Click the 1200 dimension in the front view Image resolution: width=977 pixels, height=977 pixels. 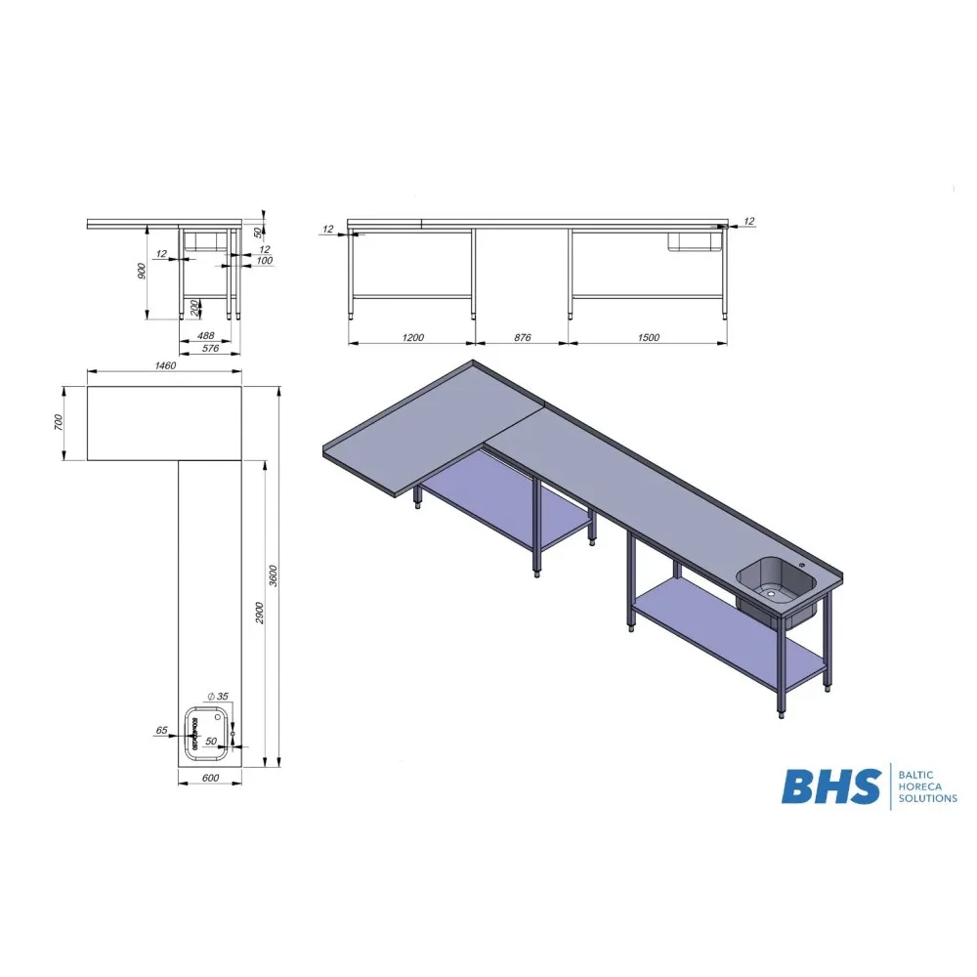click(x=412, y=338)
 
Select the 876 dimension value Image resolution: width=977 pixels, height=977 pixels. click(x=522, y=338)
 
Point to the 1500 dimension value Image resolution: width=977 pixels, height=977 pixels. click(x=648, y=338)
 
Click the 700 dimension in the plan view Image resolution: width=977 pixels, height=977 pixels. click(x=59, y=423)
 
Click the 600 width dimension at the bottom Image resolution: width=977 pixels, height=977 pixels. click(x=209, y=778)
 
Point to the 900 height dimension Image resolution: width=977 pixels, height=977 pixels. click(x=142, y=271)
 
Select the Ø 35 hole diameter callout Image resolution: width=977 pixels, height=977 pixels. click(x=219, y=696)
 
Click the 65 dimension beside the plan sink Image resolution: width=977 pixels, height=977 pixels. click(x=161, y=730)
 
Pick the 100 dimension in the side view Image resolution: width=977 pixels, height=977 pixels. click(x=264, y=261)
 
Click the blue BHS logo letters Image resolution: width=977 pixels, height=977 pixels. click(x=829, y=786)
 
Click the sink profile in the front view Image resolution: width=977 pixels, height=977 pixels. click(x=693, y=241)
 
